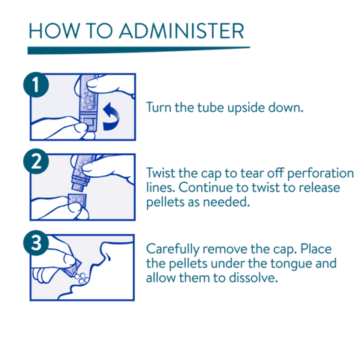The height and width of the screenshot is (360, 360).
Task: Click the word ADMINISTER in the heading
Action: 181,31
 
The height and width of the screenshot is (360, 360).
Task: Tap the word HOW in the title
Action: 53,31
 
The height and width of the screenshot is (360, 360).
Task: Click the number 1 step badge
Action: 36,85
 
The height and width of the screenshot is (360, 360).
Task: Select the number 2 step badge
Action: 36,161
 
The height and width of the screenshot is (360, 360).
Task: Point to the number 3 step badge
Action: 36,243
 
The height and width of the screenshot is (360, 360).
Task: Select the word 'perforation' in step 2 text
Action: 320,174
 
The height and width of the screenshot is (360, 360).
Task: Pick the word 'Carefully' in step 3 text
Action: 172,250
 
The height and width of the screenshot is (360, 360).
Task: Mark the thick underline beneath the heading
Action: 139,50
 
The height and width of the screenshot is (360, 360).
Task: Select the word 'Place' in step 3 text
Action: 316,249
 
